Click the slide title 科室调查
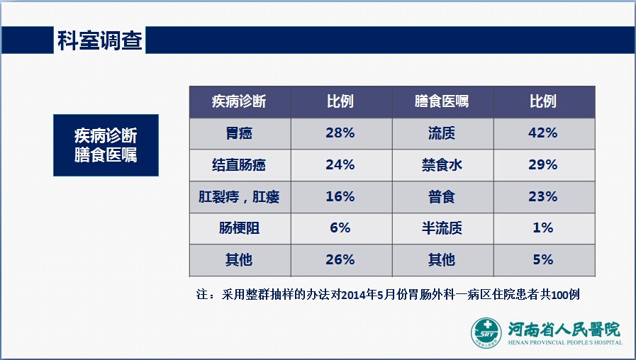point(100,40)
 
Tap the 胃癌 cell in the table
point(240,133)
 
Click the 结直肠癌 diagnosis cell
point(240,165)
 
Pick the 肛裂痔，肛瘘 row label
point(240,196)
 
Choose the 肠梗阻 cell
point(240,228)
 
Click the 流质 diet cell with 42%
point(442,133)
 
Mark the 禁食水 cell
point(442,165)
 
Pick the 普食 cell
point(442,196)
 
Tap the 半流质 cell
point(442,228)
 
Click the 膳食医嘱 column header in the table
point(442,101)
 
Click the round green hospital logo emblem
point(486,333)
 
